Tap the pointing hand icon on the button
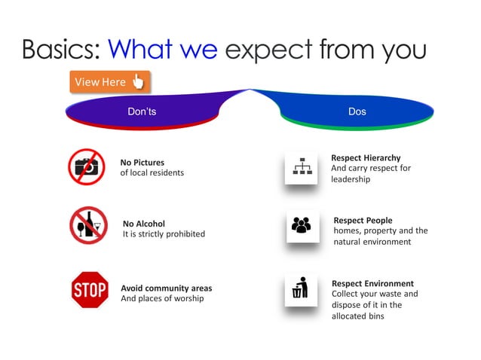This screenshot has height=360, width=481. click(x=138, y=81)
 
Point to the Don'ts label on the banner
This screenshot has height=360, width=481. click(x=142, y=111)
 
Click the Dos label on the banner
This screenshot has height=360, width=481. click(x=357, y=111)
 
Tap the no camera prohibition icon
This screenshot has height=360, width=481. click(x=86, y=166)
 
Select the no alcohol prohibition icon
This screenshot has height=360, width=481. click(x=88, y=226)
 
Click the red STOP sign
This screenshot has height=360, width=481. click(x=88, y=289)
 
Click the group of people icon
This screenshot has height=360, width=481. click(x=302, y=226)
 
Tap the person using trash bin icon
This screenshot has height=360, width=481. click(x=301, y=289)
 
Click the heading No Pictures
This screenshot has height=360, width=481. click(x=142, y=162)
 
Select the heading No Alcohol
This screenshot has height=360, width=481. click(x=144, y=224)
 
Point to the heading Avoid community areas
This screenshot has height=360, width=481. click(x=167, y=288)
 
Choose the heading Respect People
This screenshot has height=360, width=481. click(x=363, y=220)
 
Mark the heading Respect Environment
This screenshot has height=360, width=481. click(x=372, y=283)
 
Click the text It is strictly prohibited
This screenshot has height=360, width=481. click(x=164, y=234)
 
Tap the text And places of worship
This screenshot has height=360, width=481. click(x=162, y=298)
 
